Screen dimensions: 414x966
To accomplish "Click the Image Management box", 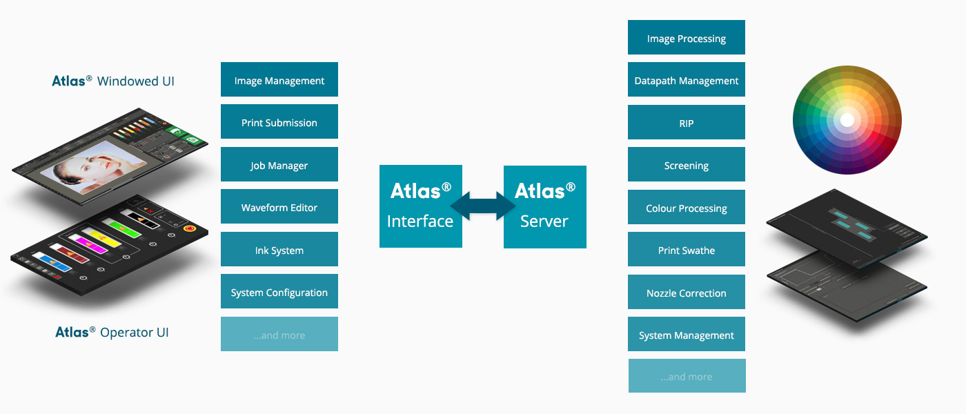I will (279, 80).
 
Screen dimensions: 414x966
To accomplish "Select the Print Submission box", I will (279, 122).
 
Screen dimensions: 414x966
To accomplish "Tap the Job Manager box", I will (279, 165).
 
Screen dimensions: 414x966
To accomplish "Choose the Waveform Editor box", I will (279, 207).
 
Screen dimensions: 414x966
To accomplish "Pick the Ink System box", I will (279, 250).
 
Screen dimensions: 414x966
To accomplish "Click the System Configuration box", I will (279, 293).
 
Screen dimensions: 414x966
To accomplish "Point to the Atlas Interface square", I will (421, 206).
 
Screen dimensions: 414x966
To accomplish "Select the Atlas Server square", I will (545, 207).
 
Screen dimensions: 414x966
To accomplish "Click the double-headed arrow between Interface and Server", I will (483, 206).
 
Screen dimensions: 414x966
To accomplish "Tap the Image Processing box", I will (687, 38).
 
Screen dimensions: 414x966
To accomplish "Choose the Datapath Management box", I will (687, 80).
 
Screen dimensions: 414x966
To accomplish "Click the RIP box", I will (687, 123).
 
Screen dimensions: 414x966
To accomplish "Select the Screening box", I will (687, 165).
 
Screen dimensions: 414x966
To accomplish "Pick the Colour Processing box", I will (687, 208).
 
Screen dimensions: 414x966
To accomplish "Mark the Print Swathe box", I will (687, 250).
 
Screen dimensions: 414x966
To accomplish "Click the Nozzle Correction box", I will (687, 293).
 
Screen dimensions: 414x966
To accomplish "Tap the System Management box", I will (687, 335).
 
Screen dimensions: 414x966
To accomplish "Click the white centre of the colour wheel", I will (847, 120).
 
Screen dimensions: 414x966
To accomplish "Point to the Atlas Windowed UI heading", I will (113, 81).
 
